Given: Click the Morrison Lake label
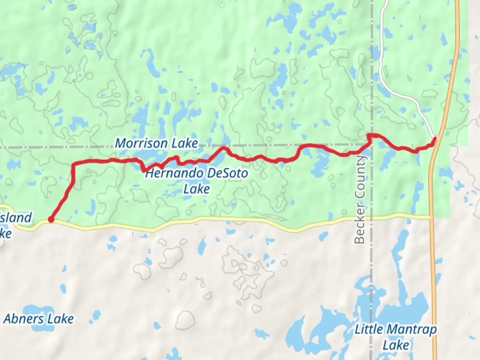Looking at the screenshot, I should pyautogui.click(x=156, y=144).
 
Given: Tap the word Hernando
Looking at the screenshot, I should pyautogui.click(x=174, y=174).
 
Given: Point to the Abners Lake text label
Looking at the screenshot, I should pyautogui.click(x=39, y=319).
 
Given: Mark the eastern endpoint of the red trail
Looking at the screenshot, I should pyautogui.click(x=434, y=138).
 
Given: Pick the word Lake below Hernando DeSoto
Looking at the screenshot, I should pyautogui.click(x=197, y=189).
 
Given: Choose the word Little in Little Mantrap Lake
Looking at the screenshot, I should pyautogui.click(x=369, y=330).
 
